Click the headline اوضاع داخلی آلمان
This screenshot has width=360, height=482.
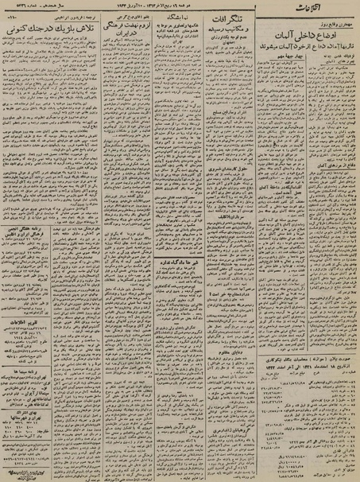pos(301,39)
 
